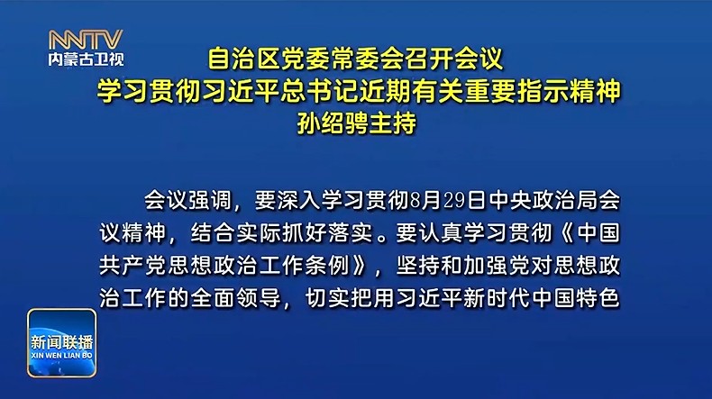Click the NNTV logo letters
[x=86, y=40]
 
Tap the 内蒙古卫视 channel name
[x=86, y=59]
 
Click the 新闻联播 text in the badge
[x=62, y=341]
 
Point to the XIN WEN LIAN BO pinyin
[x=62, y=356]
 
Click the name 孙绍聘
[x=333, y=122]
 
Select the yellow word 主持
[x=393, y=122]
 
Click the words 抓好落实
[x=327, y=233]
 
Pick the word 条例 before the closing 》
[x=327, y=266]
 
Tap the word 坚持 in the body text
[x=418, y=266]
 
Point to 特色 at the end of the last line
[x=598, y=299]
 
